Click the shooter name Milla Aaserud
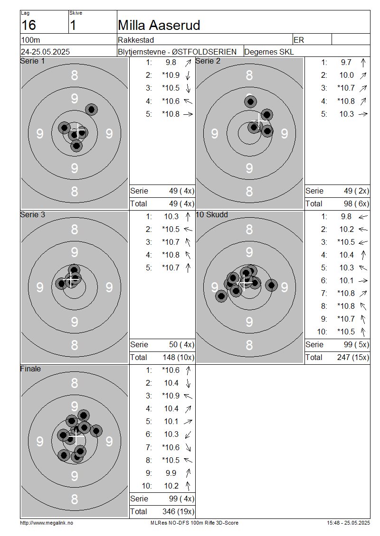tap(159, 25)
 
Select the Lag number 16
tap(28, 25)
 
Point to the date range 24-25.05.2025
tap(45, 52)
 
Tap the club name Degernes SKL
tap(269, 52)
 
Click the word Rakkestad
tap(136, 40)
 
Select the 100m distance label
tap(30, 40)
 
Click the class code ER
tap(299, 40)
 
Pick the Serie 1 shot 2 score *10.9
tap(171, 75)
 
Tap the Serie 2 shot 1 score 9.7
tap(346, 62)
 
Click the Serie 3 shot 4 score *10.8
tap(171, 255)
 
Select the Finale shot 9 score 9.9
tap(171, 473)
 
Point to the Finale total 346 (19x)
tap(178, 511)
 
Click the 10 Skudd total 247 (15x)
tap(353, 357)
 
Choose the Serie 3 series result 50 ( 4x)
tap(182, 344)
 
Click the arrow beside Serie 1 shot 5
tap(188, 114)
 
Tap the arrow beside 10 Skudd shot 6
tap(363, 281)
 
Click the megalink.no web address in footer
tap(47, 523)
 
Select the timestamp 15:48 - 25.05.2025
tap(349, 523)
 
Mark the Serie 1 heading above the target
tap(32, 61)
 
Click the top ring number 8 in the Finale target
tap(74, 383)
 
